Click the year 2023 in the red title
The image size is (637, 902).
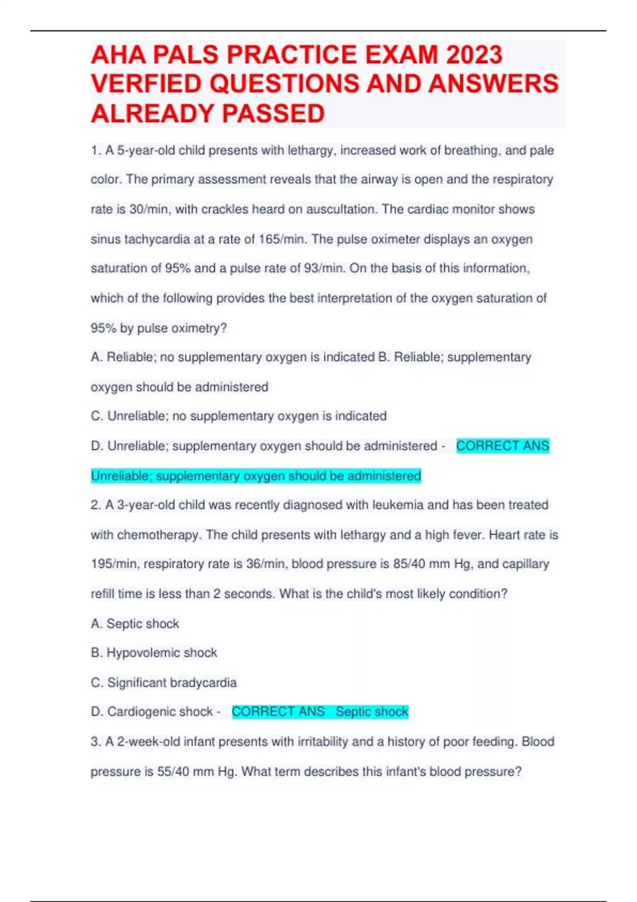pos(474,55)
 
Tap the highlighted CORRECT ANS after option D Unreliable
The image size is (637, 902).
pos(502,446)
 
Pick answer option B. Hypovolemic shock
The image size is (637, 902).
pos(154,653)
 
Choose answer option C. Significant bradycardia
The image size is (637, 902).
pos(163,683)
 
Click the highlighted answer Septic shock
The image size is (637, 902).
pos(372,712)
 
